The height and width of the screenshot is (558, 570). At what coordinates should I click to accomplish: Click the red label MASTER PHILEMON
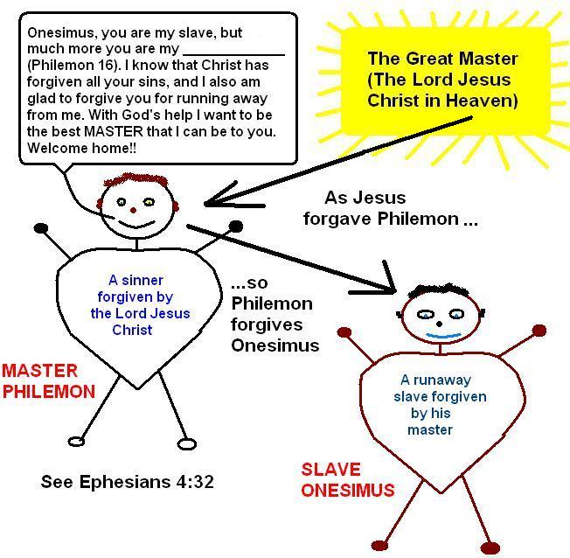[48, 380]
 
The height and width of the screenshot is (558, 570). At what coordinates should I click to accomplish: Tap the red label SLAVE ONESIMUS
[347, 479]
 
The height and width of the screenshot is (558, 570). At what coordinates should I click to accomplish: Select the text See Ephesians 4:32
[127, 481]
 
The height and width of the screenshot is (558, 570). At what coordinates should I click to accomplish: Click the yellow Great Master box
[442, 80]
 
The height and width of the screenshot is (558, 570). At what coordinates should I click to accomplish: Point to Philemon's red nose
[133, 210]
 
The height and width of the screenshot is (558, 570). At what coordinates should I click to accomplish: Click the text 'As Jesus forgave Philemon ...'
[389, 208]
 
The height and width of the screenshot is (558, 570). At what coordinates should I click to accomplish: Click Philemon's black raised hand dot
[235, 227]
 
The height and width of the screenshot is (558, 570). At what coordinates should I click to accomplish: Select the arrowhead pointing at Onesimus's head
[388, 284]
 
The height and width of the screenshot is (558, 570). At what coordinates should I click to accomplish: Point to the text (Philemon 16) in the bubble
[71, 65]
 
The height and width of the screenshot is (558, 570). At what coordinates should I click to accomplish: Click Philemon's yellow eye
[148, 202]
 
